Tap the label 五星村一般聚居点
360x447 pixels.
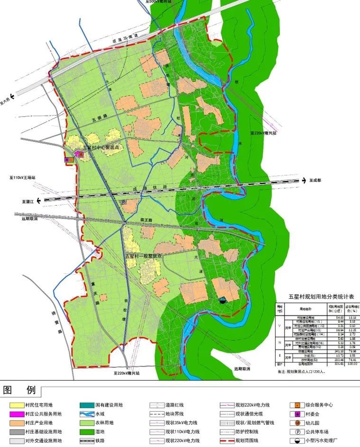144,256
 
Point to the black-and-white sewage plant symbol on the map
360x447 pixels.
223,299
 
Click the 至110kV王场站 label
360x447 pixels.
22,177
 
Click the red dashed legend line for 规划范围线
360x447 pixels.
227,441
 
